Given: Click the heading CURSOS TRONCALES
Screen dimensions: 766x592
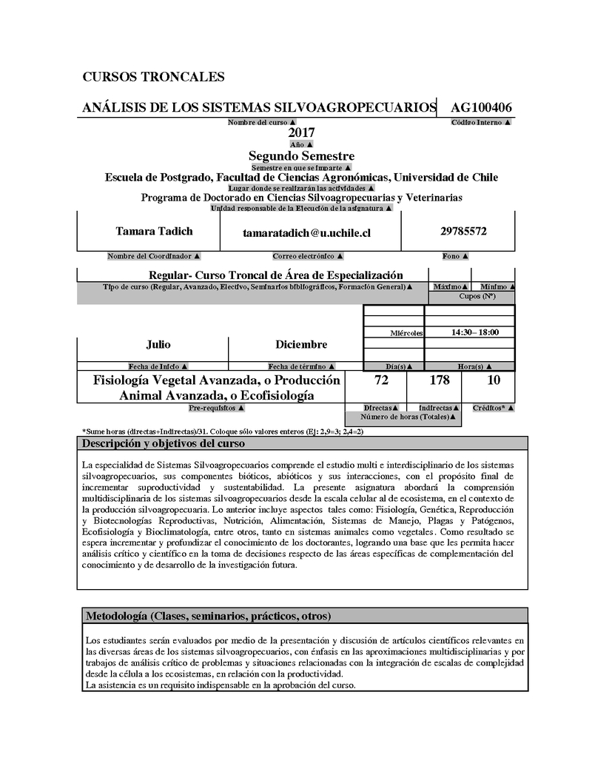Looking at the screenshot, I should tap(153, 77).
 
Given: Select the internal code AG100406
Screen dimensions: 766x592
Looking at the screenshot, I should tap(482, 108).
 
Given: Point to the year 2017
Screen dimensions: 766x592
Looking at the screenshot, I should tap(301, 132).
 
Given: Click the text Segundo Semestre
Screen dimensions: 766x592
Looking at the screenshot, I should tap(301, 156).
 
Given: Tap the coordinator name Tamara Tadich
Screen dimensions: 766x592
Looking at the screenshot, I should tap(154, 232).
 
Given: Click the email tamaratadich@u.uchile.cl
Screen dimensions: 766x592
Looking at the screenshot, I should tap(306, 233).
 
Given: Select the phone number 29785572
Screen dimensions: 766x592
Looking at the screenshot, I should tap(463, 232).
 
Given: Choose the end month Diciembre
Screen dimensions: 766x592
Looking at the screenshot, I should tap(301, 345).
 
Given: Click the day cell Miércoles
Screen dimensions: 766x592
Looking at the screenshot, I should tap(406, 334).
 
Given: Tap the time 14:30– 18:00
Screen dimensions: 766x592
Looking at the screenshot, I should tap(474, 333).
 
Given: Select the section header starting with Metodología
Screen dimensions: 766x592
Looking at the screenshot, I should tap(208, 616).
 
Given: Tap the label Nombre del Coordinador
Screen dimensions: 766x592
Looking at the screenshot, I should tap(153, 256).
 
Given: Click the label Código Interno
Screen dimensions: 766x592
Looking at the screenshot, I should tap(481, 121).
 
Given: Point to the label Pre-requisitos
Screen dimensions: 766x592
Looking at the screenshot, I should tap(217, 408).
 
